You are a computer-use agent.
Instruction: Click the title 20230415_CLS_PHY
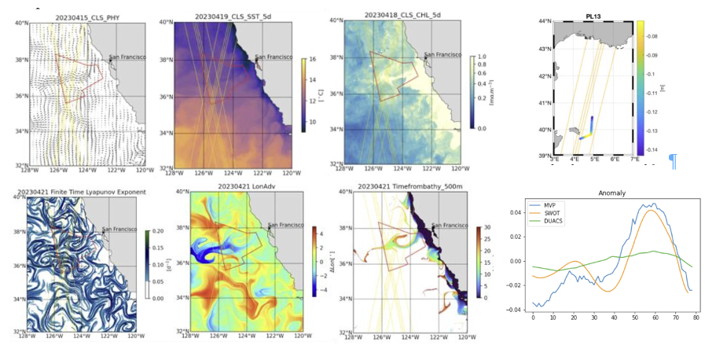86,17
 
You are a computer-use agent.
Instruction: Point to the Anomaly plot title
612,193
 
